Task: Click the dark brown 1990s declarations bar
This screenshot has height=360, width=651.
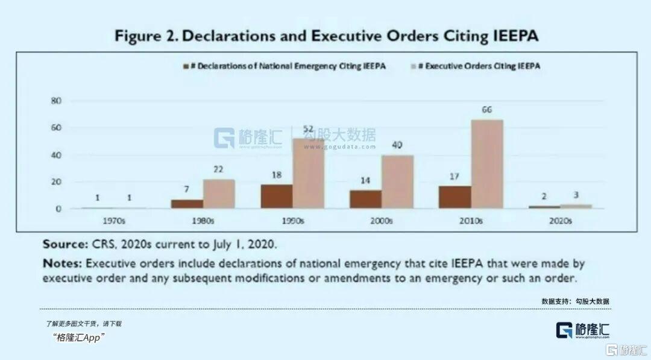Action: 277,197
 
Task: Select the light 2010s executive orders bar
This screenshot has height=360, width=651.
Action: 487,164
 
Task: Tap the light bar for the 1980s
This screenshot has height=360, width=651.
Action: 219,194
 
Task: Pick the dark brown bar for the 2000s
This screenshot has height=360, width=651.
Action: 365,199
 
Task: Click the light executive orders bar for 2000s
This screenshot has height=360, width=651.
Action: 397,182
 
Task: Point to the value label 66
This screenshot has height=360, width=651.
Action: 486,111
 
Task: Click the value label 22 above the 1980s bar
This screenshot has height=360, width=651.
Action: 219,170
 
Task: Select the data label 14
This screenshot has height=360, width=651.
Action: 366,180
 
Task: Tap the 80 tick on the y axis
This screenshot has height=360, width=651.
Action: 56,101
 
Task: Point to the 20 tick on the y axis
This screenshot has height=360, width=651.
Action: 56,182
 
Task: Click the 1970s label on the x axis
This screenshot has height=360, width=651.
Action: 114,221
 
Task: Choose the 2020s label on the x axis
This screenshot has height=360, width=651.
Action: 561,221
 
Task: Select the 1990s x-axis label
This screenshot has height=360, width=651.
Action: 292,221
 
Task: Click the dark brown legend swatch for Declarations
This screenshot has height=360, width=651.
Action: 186,66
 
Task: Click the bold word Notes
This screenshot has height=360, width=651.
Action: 62,264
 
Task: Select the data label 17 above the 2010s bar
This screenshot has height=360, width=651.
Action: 455,177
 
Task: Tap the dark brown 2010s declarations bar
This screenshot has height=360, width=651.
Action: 454,197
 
